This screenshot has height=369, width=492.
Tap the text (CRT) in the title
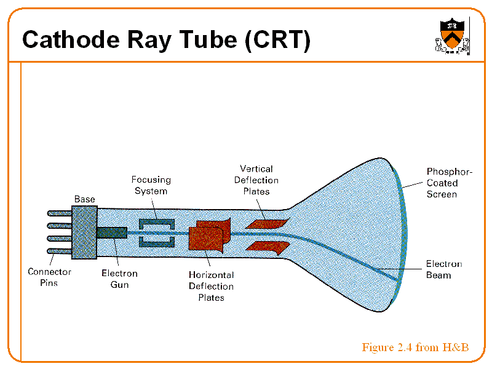coord(276,40)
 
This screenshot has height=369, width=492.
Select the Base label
coord(84,199)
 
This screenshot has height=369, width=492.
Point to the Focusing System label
coord(151,185)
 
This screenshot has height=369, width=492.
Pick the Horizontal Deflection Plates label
coord(211,287)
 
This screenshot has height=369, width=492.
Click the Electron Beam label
coord(443,269)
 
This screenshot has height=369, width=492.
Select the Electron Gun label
coord(119,279)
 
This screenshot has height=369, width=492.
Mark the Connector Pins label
coord(49,277)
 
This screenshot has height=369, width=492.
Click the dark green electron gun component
coord(112,233)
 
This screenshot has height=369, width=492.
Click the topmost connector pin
coord(60,213)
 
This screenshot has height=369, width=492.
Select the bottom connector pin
coord(60,252)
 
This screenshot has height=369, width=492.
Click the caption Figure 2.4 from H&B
coord(415,347)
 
